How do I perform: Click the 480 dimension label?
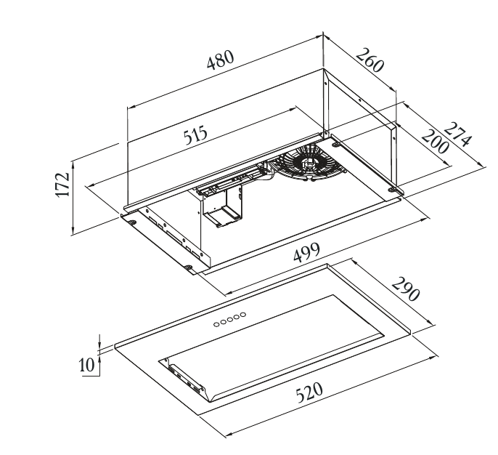(221, 59)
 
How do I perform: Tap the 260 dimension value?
(370, 60)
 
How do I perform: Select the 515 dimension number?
(196, 134)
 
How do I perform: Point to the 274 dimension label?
(457, 135)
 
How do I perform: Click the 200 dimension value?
(435, 142)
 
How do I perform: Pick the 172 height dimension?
(63, 185)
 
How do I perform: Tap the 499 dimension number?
(306, 253)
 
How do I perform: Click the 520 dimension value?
(309, 392)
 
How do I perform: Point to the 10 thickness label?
(87, 365)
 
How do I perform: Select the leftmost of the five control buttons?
(216, 324)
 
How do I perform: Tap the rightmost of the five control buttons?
(243, 315)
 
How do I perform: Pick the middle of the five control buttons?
(229, 320)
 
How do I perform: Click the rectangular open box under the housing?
(222, 206)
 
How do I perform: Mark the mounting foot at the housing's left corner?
(132, 222)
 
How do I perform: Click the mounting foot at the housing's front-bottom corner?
(189, 267)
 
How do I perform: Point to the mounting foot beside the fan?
(336, 145)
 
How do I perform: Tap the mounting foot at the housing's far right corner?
(393, 190)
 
